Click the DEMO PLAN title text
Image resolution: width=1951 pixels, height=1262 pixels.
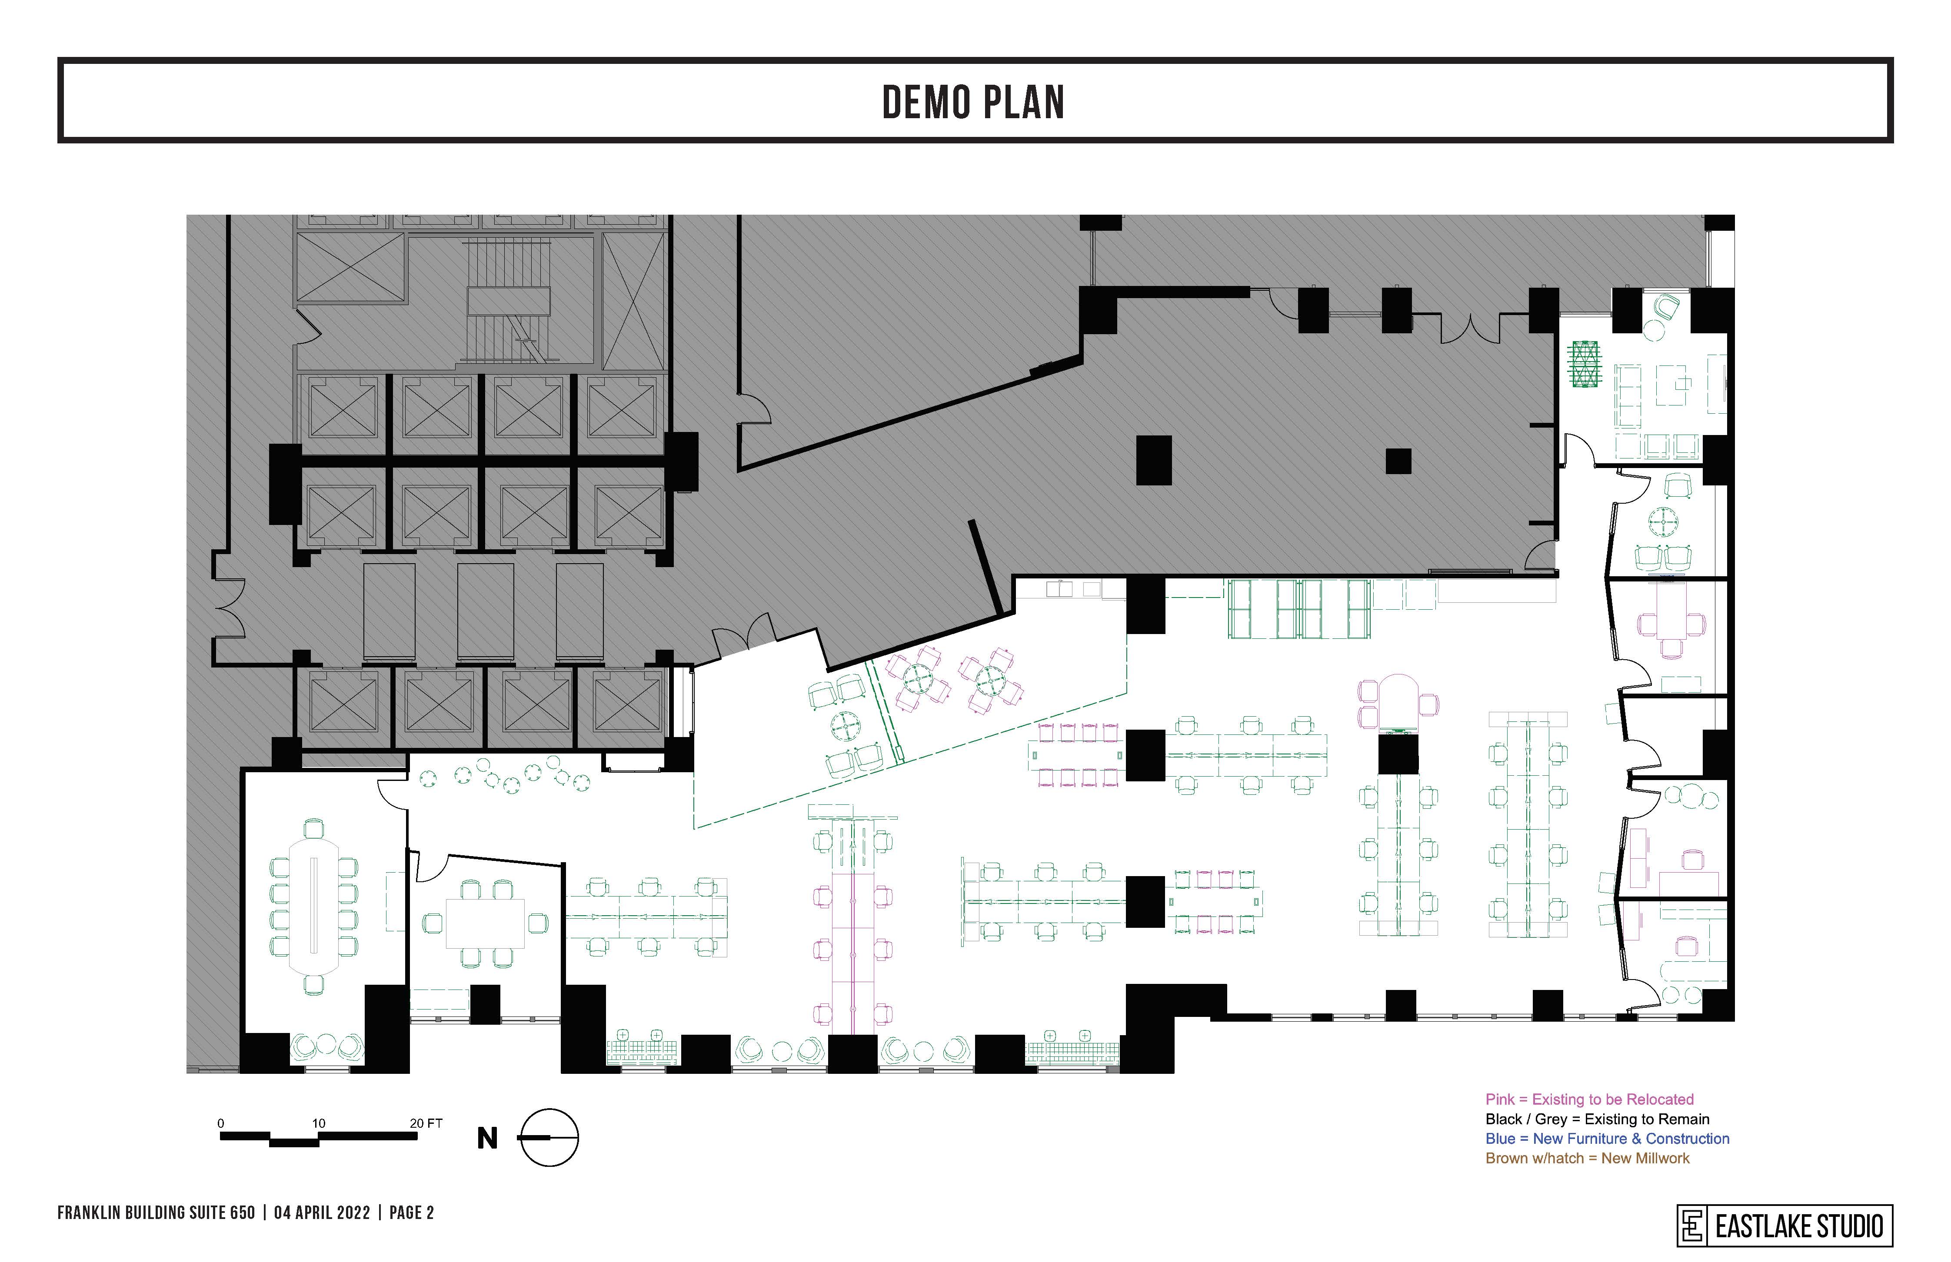973,103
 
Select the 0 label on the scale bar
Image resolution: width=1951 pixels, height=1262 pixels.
220,1123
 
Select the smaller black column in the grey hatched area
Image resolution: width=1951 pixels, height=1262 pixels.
1398,462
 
